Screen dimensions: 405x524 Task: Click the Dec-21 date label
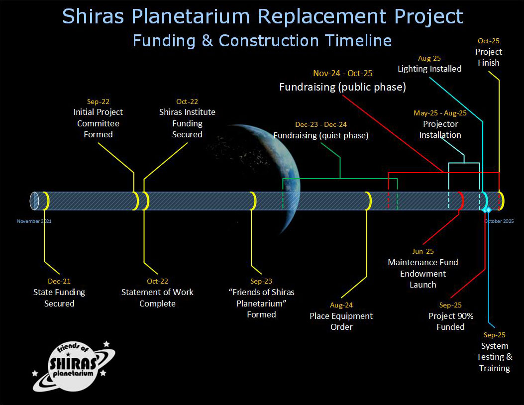point(59,281)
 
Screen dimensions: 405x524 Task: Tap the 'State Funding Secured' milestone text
point(59,298)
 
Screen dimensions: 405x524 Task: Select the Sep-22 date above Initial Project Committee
point(98,101)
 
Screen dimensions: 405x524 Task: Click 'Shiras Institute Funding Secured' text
point(187,123)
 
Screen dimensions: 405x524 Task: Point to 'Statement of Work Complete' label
point(157,298)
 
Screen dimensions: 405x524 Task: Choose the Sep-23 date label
point(261,281)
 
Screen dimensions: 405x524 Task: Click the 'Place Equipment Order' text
point(341,321)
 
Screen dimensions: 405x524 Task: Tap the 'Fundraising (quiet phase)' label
point(321,135)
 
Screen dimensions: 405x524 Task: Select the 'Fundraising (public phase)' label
point(342,87)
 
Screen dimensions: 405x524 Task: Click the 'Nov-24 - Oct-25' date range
point(342,74)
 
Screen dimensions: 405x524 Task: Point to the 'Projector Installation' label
point(440,129)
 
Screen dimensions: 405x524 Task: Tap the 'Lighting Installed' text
point(429,69)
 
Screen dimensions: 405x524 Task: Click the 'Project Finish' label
point(488,57)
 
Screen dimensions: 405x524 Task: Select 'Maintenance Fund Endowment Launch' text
point(423,274)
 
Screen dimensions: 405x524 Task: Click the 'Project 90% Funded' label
point(450,321)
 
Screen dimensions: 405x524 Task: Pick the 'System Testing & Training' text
point(494,357)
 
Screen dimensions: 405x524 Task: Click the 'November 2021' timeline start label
point(34,221)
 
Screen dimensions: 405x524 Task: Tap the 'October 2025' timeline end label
point(499,221)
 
